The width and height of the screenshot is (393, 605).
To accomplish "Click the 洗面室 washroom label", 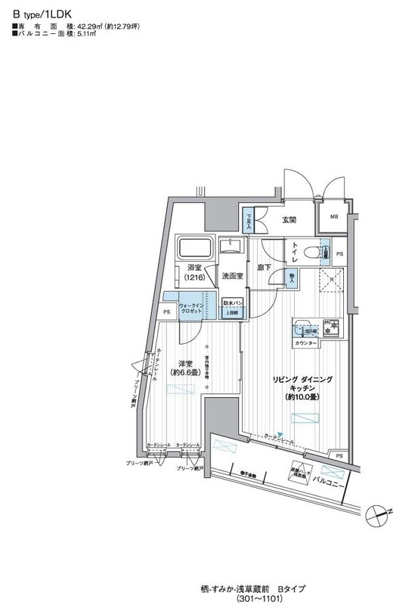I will pyautogui.click(x=232, y=277).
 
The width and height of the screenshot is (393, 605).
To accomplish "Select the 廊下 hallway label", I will pyautogui.click(x=264, y=268).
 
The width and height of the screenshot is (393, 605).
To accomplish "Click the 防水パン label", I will pyautogui.click(x=232, y=303).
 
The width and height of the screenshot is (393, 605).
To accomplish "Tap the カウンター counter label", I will pyautogui.click(x=305, y=343).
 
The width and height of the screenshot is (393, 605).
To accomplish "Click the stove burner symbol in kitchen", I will pyautogui.click(x=330, y=330).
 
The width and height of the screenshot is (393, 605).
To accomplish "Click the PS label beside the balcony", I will pyautogui.click(x=339, y=455).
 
